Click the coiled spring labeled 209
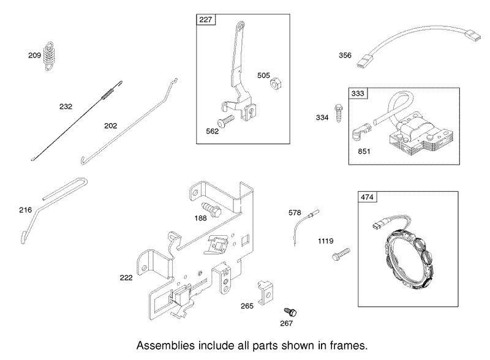pos(48,56)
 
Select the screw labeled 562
pos(225,121)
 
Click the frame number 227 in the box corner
pos(206,20)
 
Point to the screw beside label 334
pos(339,113)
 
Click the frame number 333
pos(358,94)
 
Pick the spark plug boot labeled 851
pos(361,132)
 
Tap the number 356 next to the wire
pos(345,55)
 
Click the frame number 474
pos(367,197)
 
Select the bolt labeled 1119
pos(341,254)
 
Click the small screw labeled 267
pos(290,312)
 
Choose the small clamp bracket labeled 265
pos(266,293)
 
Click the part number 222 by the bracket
pos(126,277)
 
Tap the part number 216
pos(25,209)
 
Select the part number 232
pos(66,107)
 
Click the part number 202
pos(110,126)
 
